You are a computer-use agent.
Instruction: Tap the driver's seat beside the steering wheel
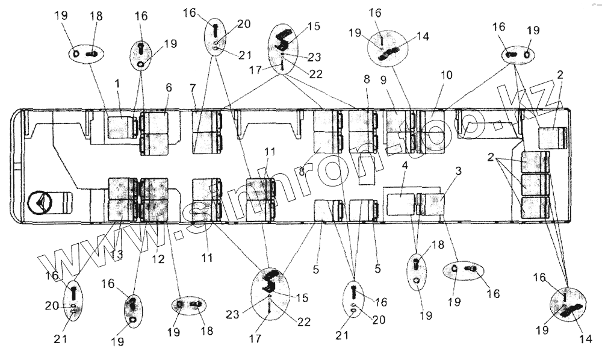point(61,203)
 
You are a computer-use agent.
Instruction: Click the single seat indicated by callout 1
point(122,127)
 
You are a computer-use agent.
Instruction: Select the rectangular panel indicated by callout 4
point(400,205)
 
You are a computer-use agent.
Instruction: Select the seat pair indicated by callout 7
point(206,132)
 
